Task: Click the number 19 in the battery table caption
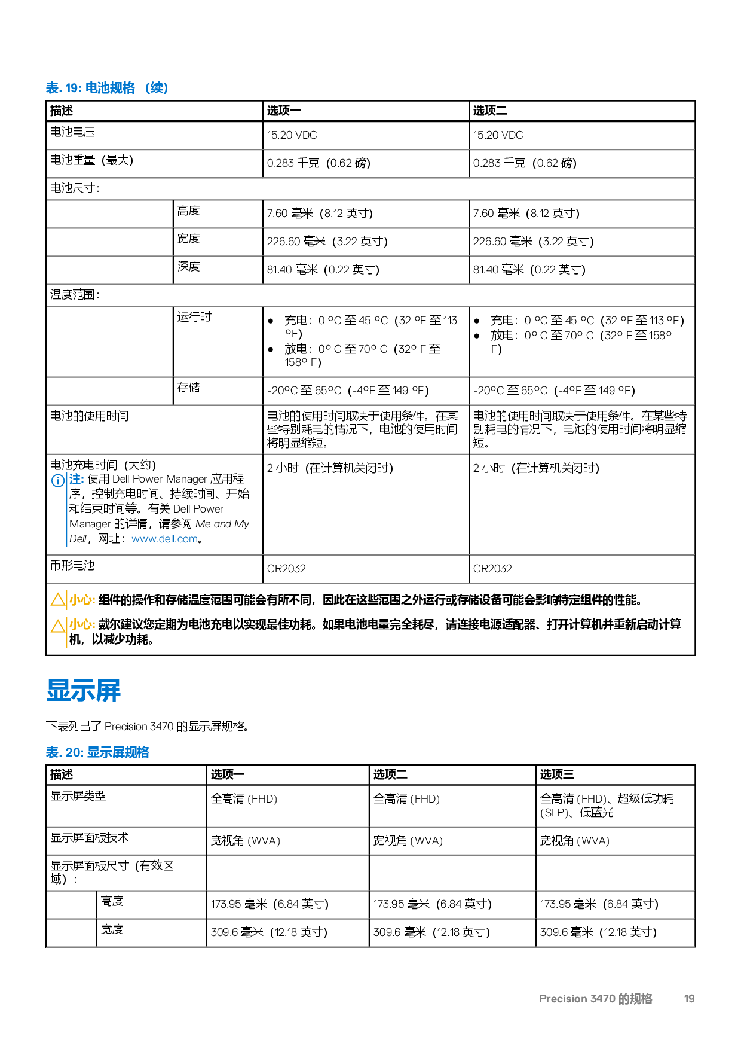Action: coord(72,88)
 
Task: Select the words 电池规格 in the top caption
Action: coord(110,88)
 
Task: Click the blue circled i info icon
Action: coord(57,481)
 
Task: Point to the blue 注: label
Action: coord(76,479)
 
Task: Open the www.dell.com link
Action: coord(164,539)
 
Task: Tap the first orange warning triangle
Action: coord(57,599)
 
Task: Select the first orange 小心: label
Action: coord(82,600)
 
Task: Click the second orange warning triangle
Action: coord(57,626)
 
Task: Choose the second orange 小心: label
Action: coord(82,624)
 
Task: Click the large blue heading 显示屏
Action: coord(84,690)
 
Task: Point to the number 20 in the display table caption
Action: coord(74,752)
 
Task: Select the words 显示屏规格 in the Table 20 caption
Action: coord(118,752)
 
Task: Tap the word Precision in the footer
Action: coord(563,999)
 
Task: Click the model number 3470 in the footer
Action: coord(602,999)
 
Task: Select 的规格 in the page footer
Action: coord(635,999)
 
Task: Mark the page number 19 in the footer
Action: coord(689,999)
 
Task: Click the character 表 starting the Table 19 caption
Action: coord(52,88)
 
